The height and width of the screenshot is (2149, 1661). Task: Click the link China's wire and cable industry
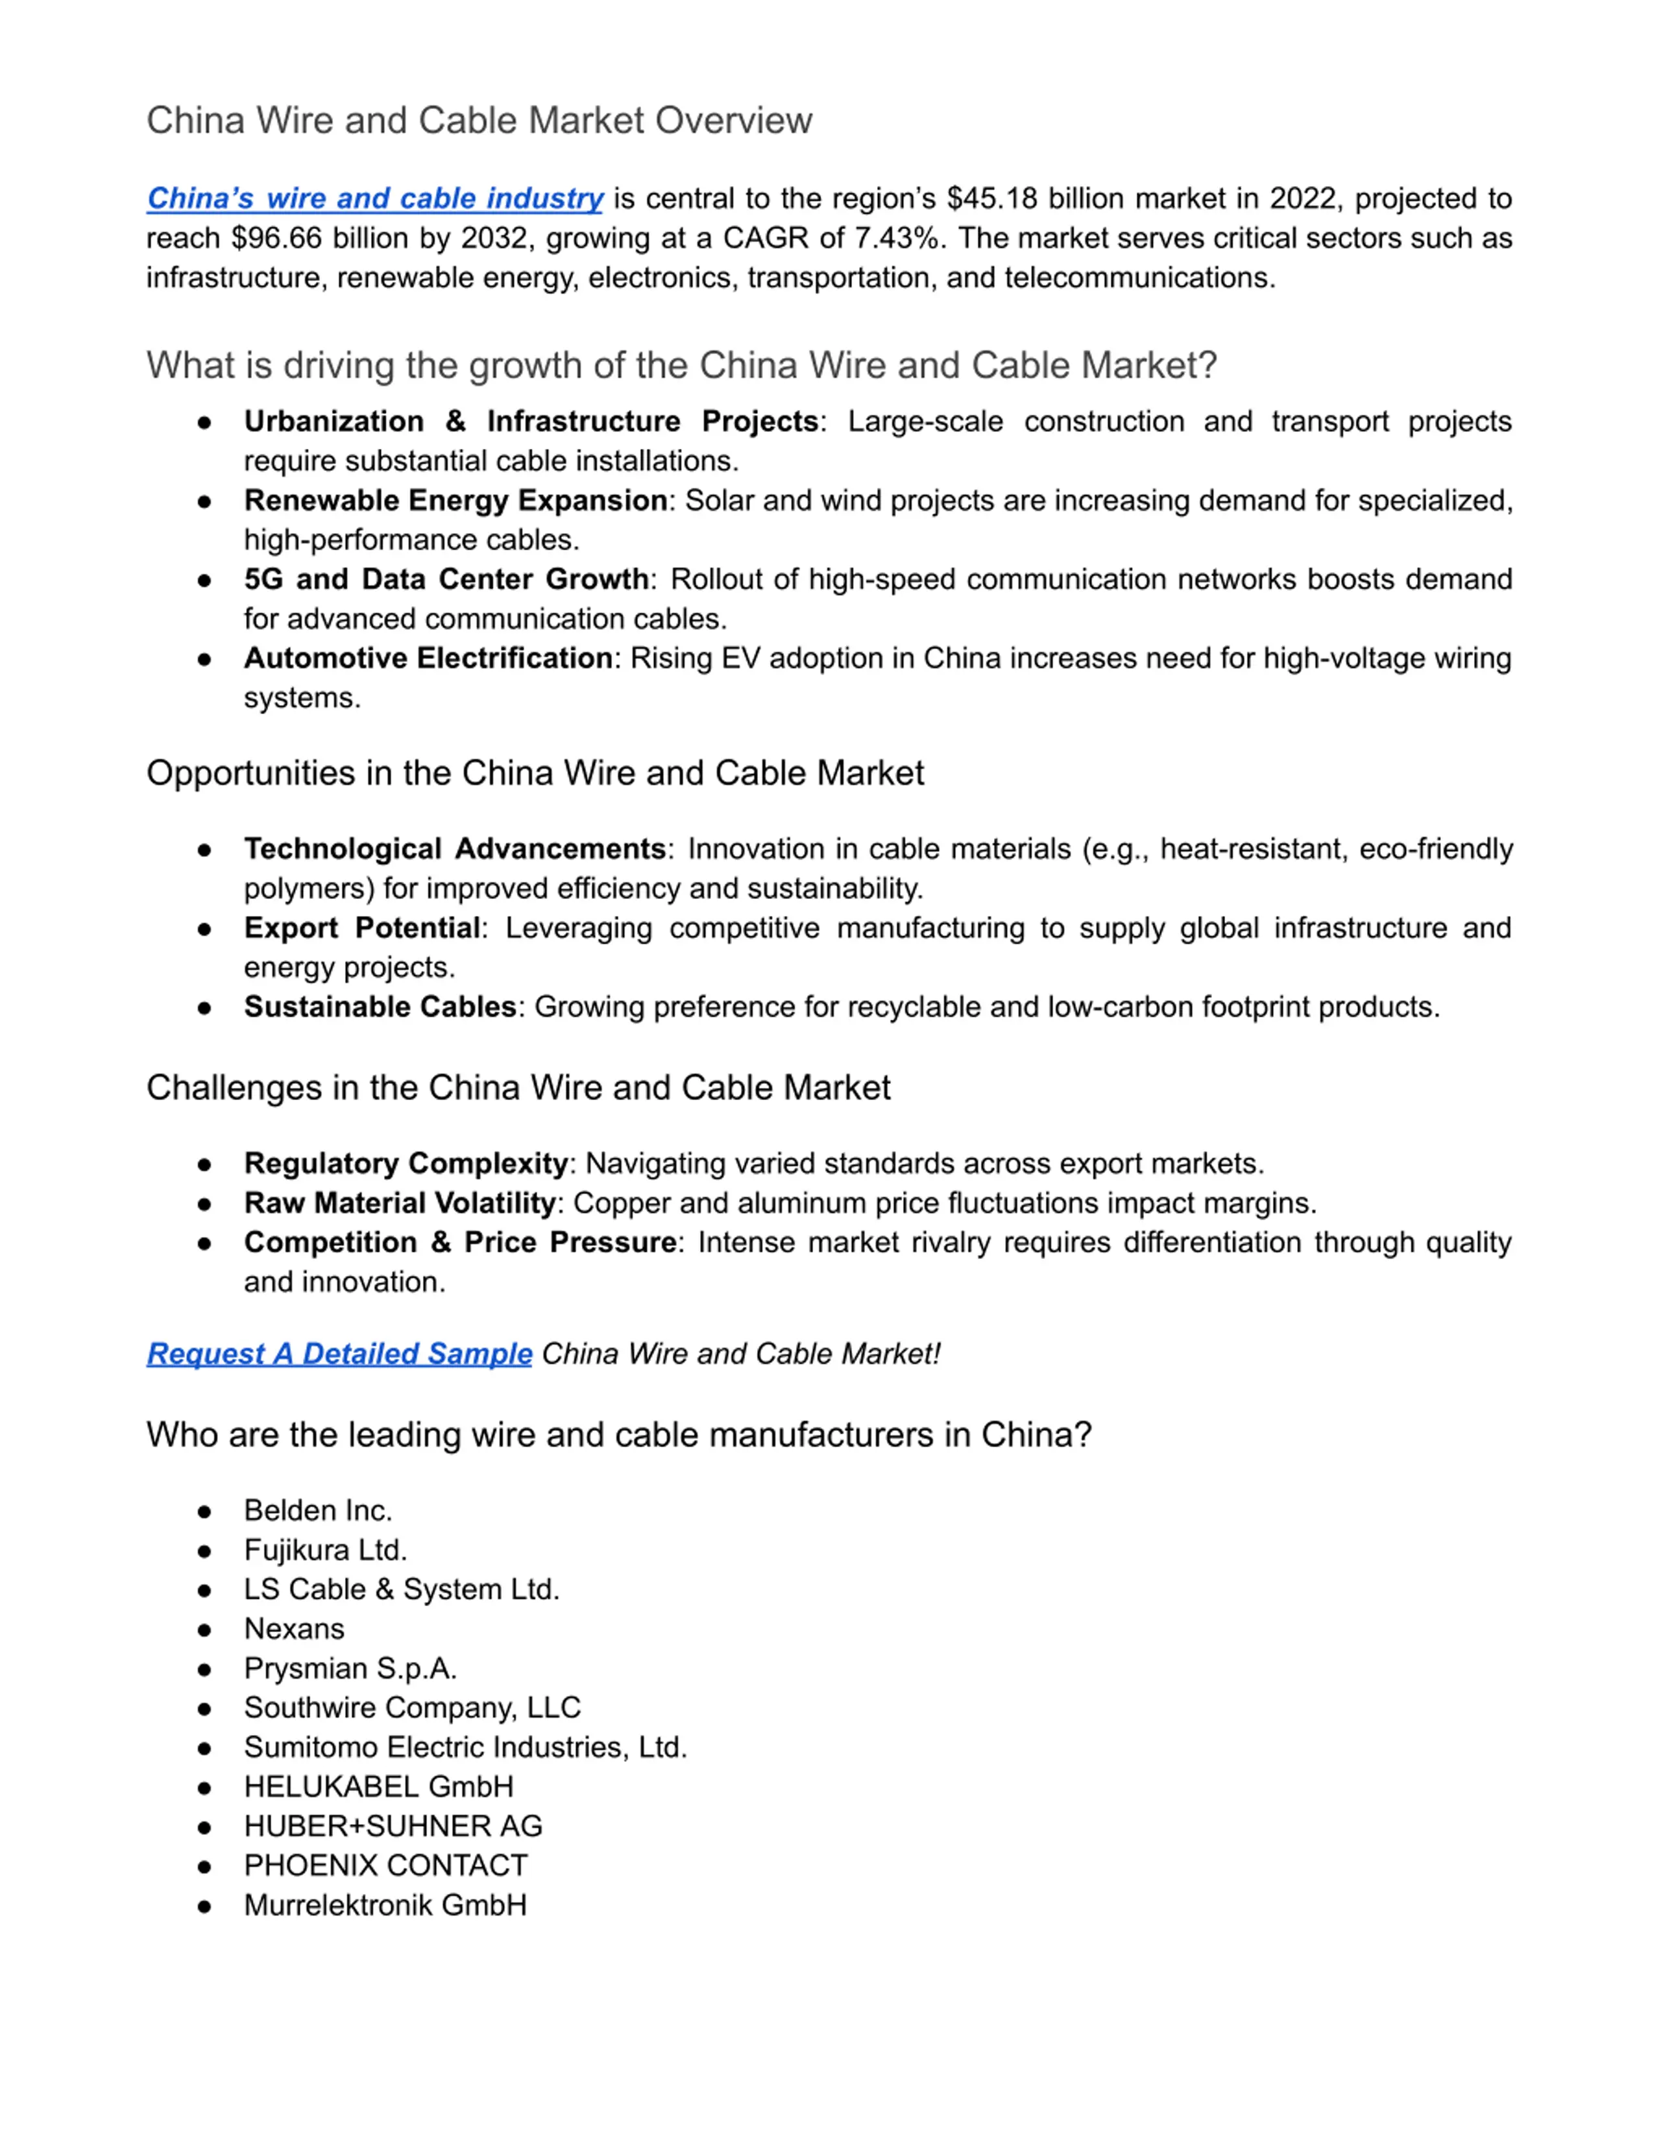375,198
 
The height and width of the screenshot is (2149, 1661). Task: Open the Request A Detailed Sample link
339,1354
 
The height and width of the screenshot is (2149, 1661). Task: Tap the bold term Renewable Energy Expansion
455,501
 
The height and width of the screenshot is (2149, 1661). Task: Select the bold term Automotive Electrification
428,658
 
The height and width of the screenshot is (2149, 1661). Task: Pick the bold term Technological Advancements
455,849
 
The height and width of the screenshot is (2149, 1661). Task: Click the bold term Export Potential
362,928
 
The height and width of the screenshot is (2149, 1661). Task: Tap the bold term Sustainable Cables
380,1007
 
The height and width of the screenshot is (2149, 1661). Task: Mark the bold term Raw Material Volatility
400,1203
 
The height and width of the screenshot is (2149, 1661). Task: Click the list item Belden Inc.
318,1511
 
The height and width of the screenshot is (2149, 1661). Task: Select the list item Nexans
294,1629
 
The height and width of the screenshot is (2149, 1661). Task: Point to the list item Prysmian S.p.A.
350,1668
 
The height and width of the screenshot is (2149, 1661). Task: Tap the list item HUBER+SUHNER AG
393,1825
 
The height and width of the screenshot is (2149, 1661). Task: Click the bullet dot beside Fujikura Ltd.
204,1551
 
